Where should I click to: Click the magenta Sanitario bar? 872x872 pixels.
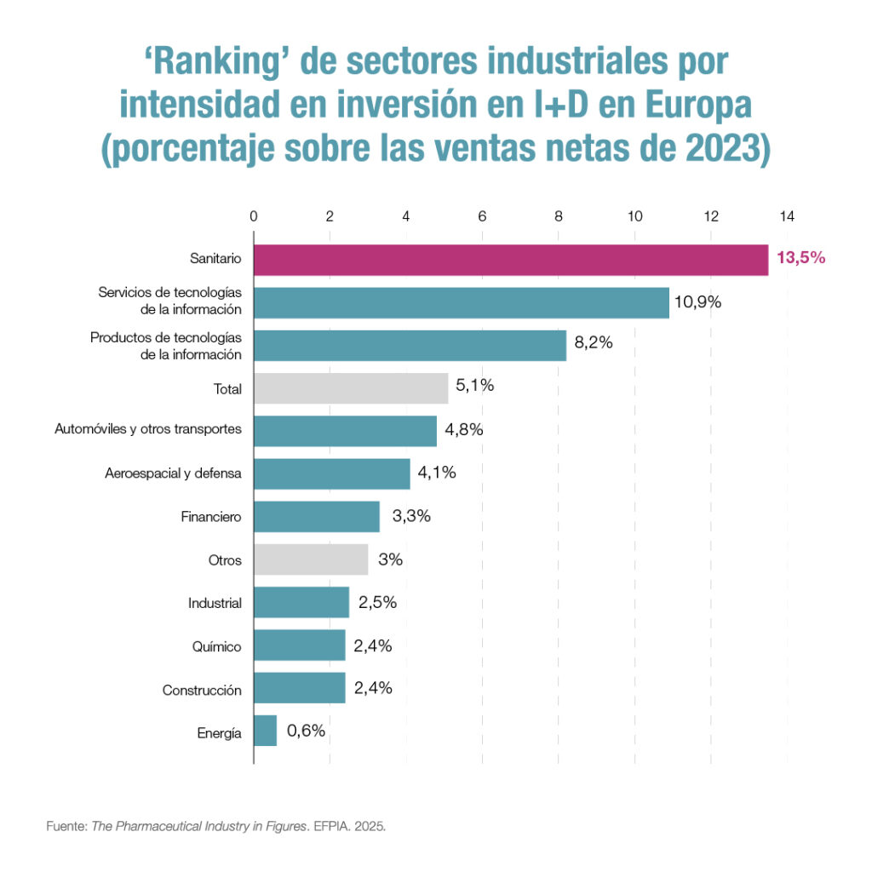point(511,259)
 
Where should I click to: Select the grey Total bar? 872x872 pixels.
point(351,388)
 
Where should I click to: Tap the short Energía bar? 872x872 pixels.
point(266,731)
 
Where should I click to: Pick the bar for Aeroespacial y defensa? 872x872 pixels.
point(332,473)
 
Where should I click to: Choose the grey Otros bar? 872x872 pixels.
point(311,559)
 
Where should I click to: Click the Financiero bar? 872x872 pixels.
point(317,516)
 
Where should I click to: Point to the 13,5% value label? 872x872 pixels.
point(800,258)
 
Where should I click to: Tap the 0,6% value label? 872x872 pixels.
point(307,730)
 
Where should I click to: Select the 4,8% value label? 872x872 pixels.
point(463,429)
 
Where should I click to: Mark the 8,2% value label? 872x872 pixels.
point(594,344)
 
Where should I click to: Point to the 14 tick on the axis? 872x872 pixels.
point(786,216)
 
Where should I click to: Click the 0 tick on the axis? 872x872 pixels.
point(254,216)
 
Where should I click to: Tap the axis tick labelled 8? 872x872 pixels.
point(558,216)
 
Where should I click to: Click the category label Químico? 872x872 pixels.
point(217,646)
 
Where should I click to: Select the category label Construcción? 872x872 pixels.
point(202,690)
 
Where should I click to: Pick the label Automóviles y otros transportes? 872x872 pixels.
point(148,429)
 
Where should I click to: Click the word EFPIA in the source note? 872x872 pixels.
point(333,826)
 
